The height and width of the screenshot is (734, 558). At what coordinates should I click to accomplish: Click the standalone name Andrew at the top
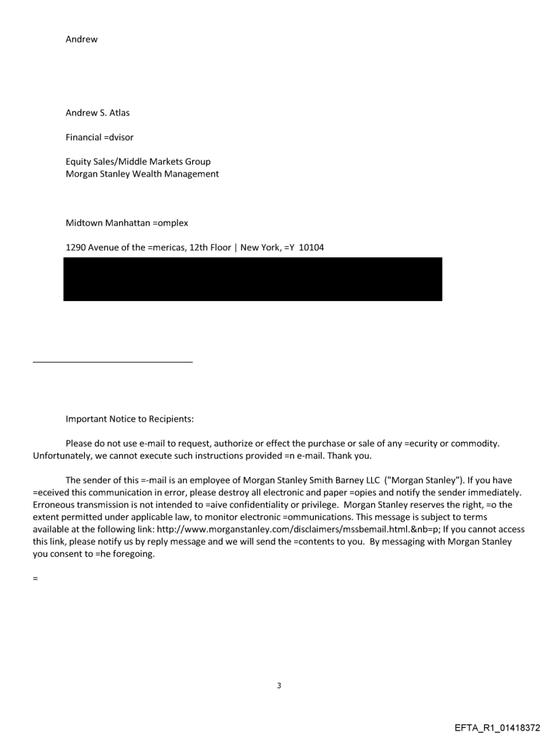[x=81, y=39]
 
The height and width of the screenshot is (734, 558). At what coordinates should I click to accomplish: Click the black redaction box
[x=252, y=279]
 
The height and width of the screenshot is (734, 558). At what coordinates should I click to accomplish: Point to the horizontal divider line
[x=112, y=361]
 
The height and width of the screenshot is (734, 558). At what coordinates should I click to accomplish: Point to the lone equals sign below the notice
[x=35, y=579]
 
